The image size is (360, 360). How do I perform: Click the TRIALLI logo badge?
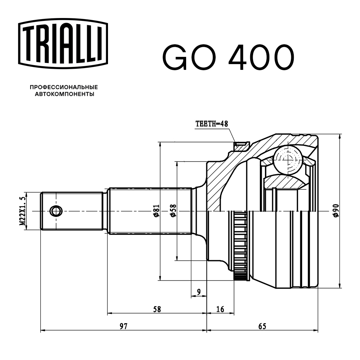(x=63, y=42)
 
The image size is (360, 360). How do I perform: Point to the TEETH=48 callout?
(x=212, y=123)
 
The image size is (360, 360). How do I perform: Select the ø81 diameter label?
(x=156, y=211)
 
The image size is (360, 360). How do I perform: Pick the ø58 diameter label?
(x=173, y=210)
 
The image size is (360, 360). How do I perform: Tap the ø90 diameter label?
(x=335, y=210)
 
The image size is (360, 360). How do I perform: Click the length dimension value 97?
(x=123, y=326)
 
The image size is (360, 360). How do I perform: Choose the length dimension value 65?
(x=262, y=326)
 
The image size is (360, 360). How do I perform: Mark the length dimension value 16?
(x=220, y=309)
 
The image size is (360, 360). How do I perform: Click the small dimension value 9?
(x=198, y=292)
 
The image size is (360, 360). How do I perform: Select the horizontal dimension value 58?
(x=157, y=309)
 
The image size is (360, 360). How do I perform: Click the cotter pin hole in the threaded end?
(x=55, y=211)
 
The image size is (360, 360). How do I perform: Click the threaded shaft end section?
(x=72, y=211)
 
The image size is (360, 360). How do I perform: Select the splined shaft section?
(x=149, y=211)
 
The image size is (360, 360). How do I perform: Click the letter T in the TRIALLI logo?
(x=30, y=42)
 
